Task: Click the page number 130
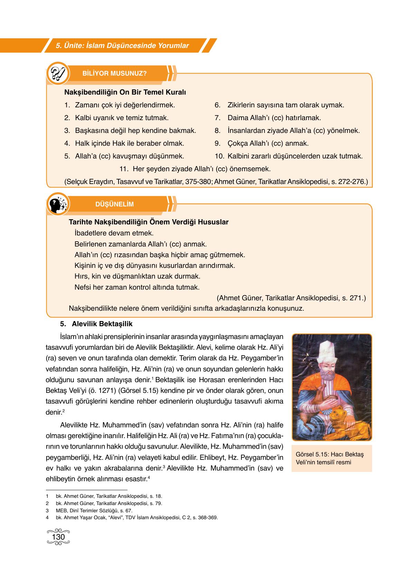58,538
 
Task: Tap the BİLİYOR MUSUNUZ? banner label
115,74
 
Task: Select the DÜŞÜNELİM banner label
114,204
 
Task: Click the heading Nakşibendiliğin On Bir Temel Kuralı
125,93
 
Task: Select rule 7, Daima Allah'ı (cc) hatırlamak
274,118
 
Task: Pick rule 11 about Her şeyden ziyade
195,169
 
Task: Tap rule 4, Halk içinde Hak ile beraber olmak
129,143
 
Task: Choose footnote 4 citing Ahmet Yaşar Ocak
136,517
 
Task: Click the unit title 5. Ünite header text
122,46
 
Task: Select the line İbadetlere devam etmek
114,233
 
